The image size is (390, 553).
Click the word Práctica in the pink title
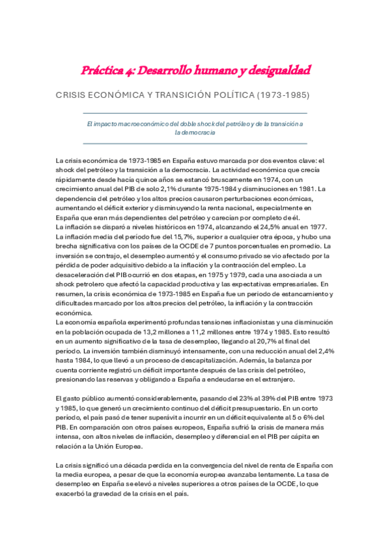pyautogui.click(x=102, y=69)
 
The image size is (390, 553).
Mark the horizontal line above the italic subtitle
pyautogui.click(x=195, y=114)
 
